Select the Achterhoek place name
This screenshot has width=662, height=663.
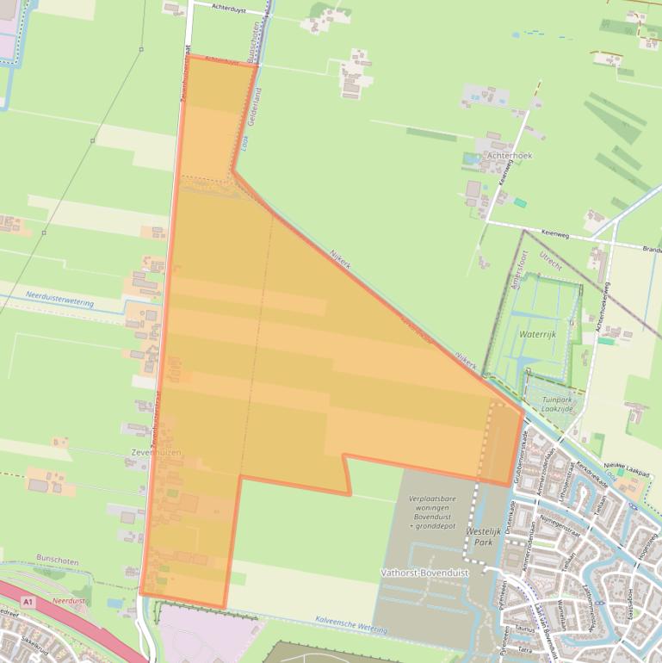tap(510, 156)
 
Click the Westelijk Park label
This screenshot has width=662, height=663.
tap(483, 537)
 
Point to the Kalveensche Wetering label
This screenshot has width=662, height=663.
tap(351, 624)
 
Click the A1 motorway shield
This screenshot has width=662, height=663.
tap(28, 601)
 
